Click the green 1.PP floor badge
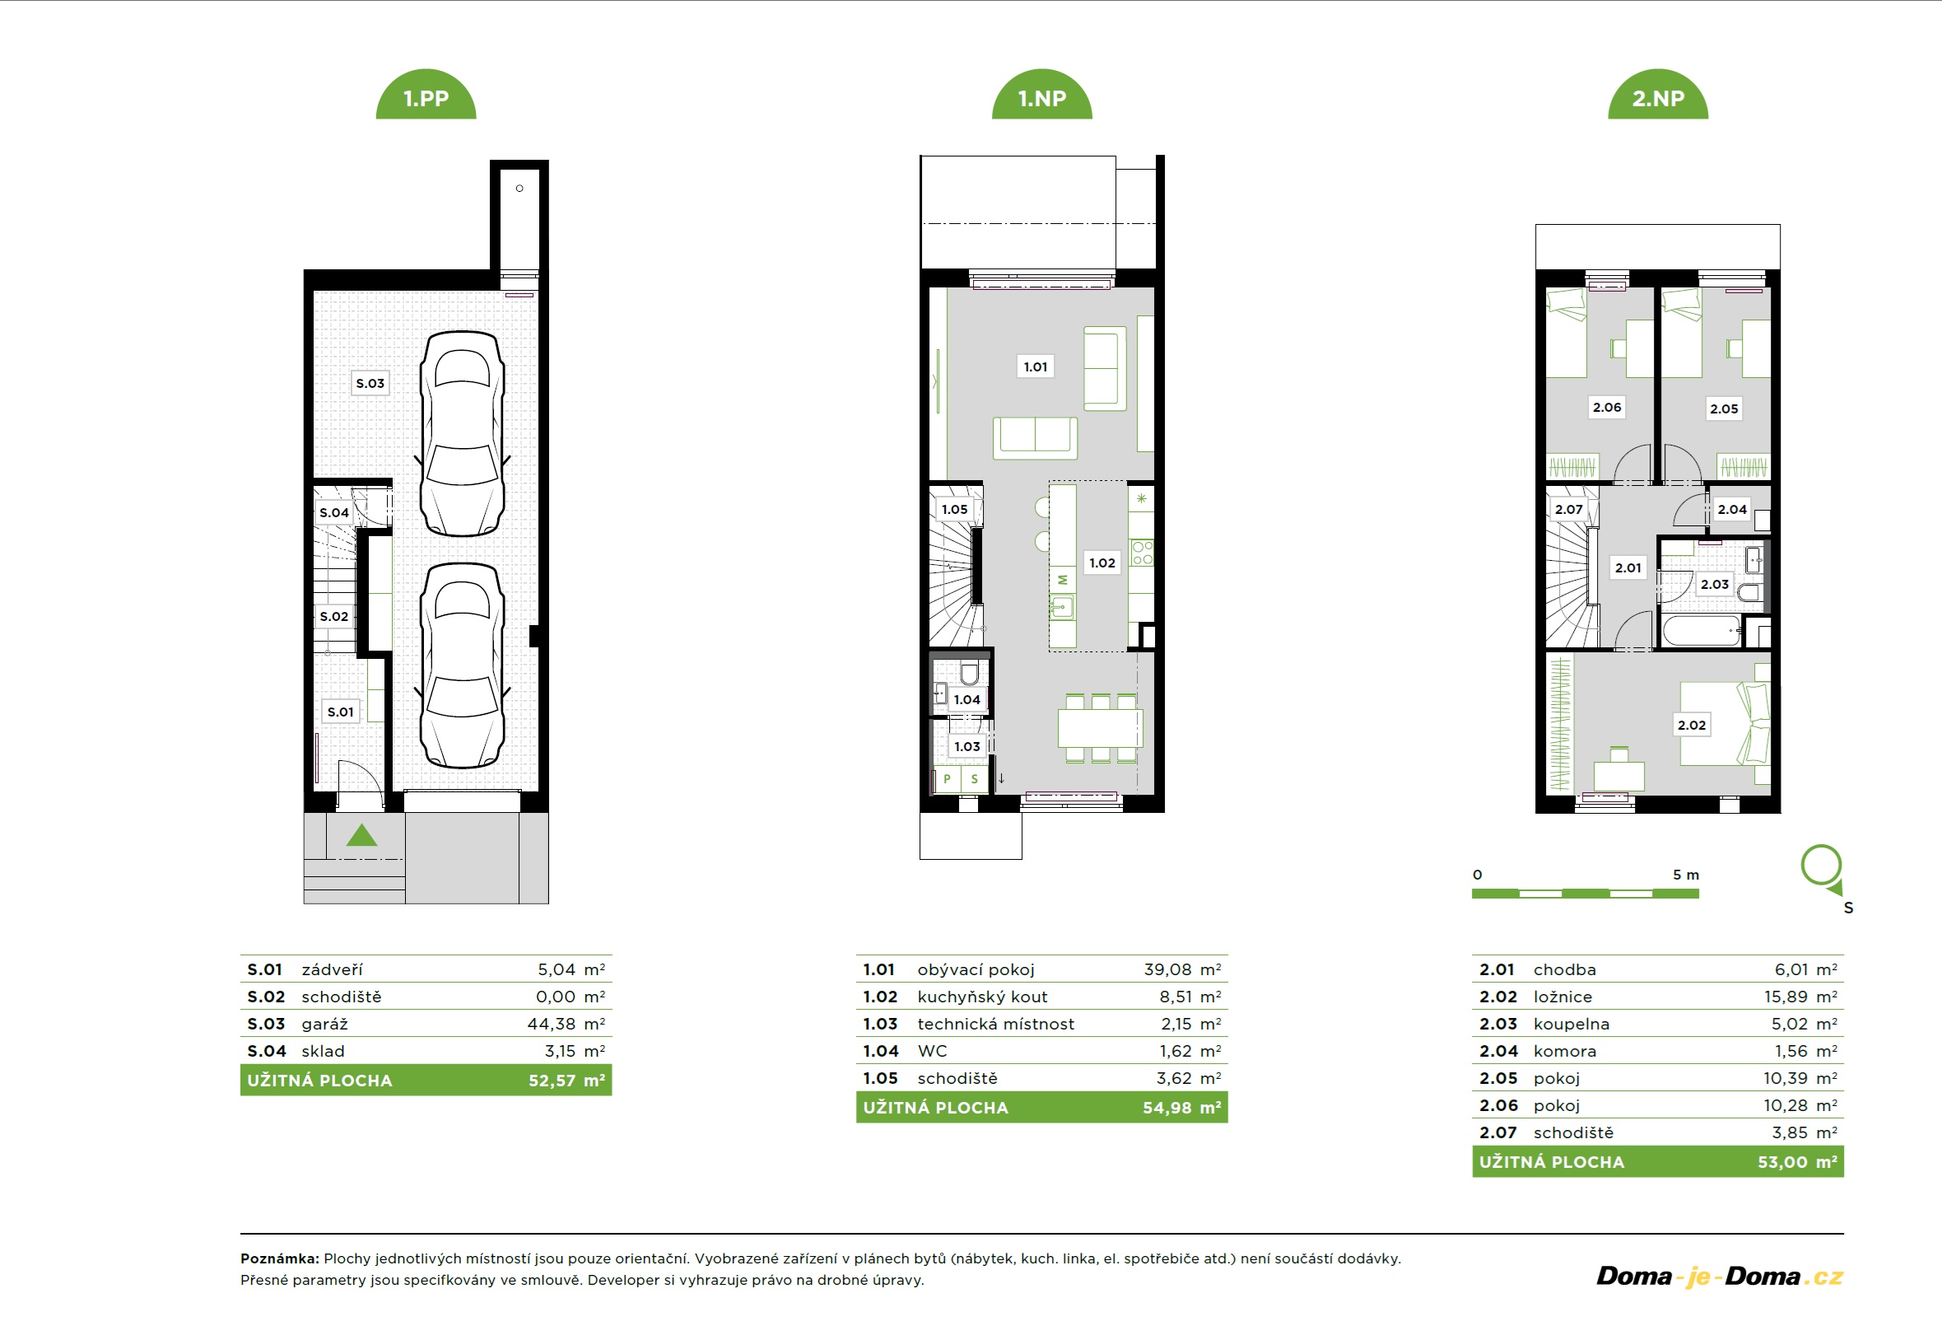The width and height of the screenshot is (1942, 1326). click(426, 96)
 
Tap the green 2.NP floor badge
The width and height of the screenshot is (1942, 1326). click(1658, 96)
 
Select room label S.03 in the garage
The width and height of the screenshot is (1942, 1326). click(370, 383)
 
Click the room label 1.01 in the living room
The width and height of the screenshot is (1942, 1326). click(1036, 367)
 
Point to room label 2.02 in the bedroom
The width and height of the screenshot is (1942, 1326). click(1691, 725)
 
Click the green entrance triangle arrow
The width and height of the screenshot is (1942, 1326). click(362, 834)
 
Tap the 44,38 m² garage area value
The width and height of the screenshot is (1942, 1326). click(566, 1024)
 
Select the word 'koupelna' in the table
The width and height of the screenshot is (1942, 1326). click(1571, 1024)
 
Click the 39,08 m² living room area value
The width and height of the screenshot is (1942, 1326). click(1182, 969)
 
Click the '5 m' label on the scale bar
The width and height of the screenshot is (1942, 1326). click(1685, 875)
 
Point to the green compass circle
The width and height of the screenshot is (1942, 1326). click(1821, 866)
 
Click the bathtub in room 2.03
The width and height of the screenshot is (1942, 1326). click(1702, 630)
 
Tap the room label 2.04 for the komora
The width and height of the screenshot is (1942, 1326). click(1731, 509)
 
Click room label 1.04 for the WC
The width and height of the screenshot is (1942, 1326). click(966, 700)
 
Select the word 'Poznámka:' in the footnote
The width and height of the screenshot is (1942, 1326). click(280, 1258)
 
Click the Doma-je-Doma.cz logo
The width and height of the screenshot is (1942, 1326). click(1720, 1277)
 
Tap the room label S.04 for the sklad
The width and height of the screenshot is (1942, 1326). click(334, 512)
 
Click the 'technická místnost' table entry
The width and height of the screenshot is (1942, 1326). click(995, 1024)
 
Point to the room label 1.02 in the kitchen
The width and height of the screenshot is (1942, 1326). click(1102, 563)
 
